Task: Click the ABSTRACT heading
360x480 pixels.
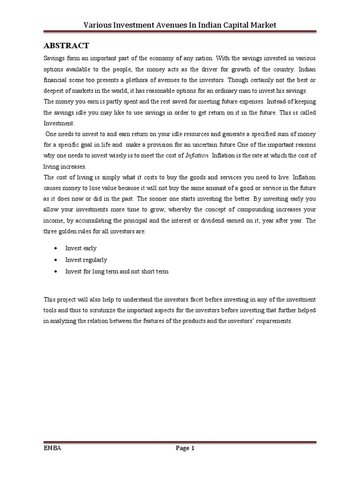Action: (x=66, y=45)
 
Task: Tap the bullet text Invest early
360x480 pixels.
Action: (x=81, y=248)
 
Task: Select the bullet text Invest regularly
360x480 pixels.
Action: (x=86, y=260)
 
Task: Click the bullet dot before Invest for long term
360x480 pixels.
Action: (x=56, y=271)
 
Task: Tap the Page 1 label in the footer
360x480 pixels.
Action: (x=185, y=448)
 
